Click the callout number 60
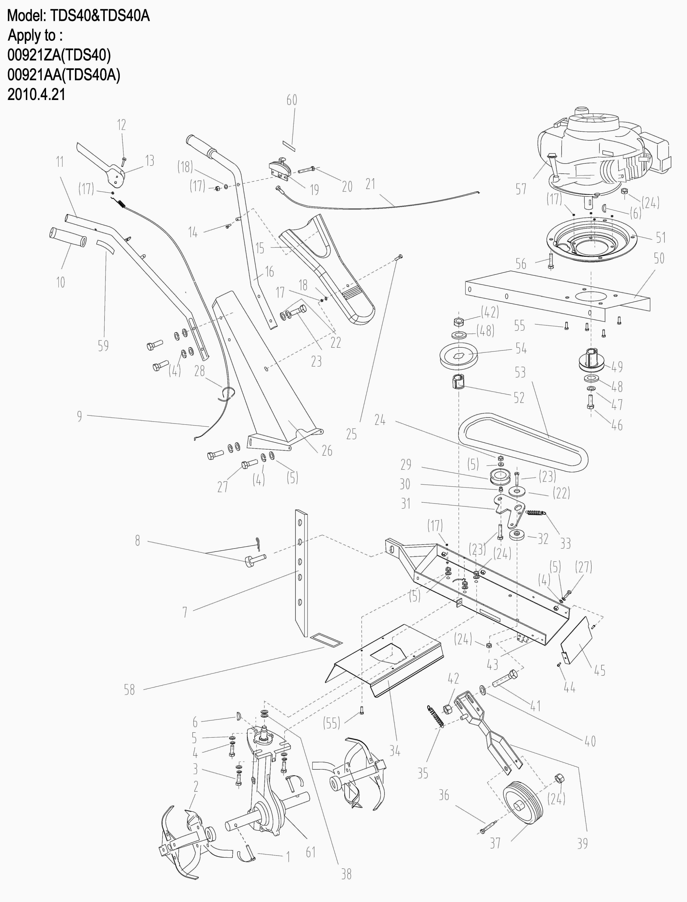[x=291, y=100]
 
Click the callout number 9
[x=79, y=416]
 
